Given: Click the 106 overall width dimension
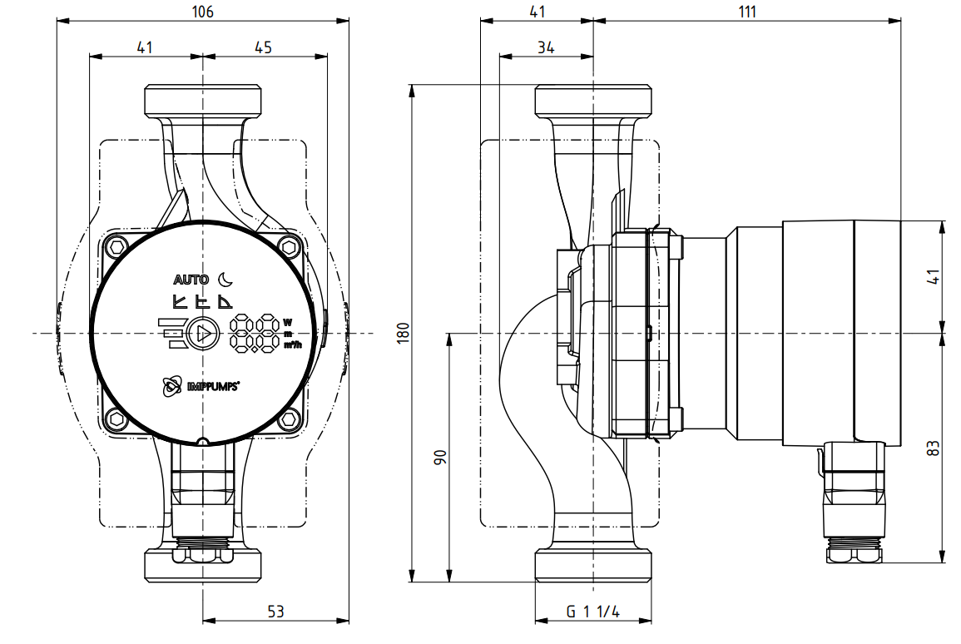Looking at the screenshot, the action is [202, 12].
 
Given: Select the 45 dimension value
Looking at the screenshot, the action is [263, 47].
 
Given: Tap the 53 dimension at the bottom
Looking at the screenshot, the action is [275, 611].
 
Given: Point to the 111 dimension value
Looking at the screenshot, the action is [747, 12].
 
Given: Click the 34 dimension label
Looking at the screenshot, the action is [546, 47].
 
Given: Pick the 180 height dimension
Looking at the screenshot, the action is [403, 333].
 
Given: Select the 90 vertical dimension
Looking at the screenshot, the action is [440, 458].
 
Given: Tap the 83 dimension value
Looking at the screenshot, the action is [933, 448].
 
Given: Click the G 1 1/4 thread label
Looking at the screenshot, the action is [592, 611].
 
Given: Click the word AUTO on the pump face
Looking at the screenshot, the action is [191, 280].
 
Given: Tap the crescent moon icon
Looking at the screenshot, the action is [225, 279].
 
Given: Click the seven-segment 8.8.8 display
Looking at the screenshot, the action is [255, 334].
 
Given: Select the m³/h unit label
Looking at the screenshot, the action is [292, 345].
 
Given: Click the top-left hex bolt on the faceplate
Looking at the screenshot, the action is [116, 247].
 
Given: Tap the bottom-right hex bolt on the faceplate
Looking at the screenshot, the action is [289, 420].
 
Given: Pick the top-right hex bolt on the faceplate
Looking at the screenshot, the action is [289, 247].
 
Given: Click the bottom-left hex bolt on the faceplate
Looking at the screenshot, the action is [116, 420].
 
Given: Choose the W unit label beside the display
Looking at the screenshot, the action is [288, 322].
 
